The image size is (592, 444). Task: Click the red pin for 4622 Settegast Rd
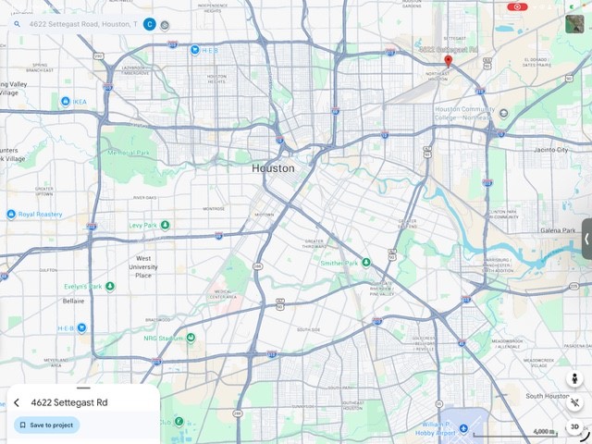pyautogui.click(x=448, y=61)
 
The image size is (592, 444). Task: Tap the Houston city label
pyautogui.click(x=273, y=169)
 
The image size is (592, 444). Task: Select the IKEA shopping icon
pyautogui.click(x=67, y=101)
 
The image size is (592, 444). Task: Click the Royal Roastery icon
pyautogui.click(x=11, y=214)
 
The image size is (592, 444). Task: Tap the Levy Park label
pyautogui.click(x=142, y=225)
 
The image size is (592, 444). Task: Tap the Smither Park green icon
pyautogui.click(x=366, y=263)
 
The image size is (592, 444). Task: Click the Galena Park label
pyautogui.click(x=558, y=230)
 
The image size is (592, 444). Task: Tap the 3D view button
pyautogui.click(x=574, y=426)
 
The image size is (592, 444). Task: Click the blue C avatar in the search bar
pyautogui.click(x=149, y=23)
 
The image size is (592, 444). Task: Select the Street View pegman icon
pyautogui.click(x=574, y=379)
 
